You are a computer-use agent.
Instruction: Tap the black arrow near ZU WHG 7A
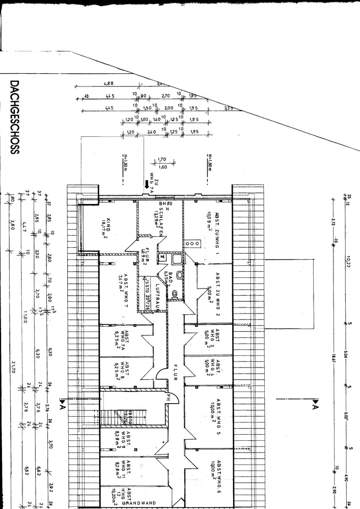pos(148,184)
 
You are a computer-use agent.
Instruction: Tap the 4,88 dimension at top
pos(108,83)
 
